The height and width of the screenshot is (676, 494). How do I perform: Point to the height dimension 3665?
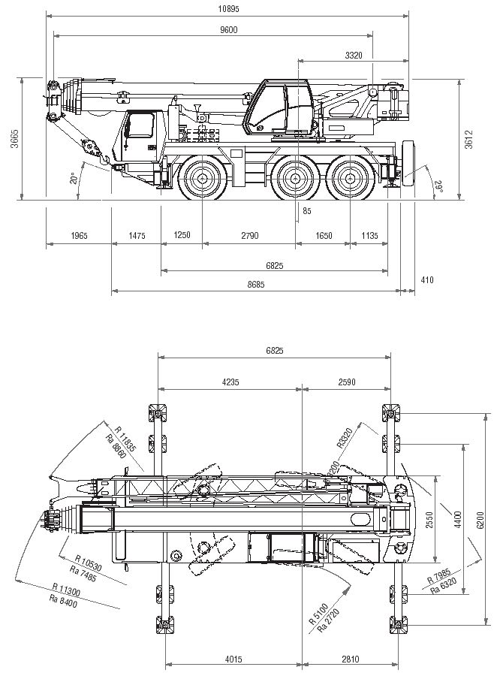pos(14,139)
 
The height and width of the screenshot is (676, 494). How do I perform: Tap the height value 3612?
pos(469,139)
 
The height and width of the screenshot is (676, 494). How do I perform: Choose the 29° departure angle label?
pos(438,186)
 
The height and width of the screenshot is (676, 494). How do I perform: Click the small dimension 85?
pos(306,211)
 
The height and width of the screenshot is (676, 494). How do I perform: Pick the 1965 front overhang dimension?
pos(79,236)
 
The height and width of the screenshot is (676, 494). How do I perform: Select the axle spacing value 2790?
pos(249,236)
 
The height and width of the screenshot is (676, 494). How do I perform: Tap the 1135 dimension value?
pos(369,236)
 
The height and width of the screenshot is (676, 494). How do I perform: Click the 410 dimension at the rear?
pos(427,279)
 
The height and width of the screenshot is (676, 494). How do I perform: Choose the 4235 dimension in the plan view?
pos(230,382)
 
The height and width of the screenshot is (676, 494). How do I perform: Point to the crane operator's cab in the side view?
pos(282,107)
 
